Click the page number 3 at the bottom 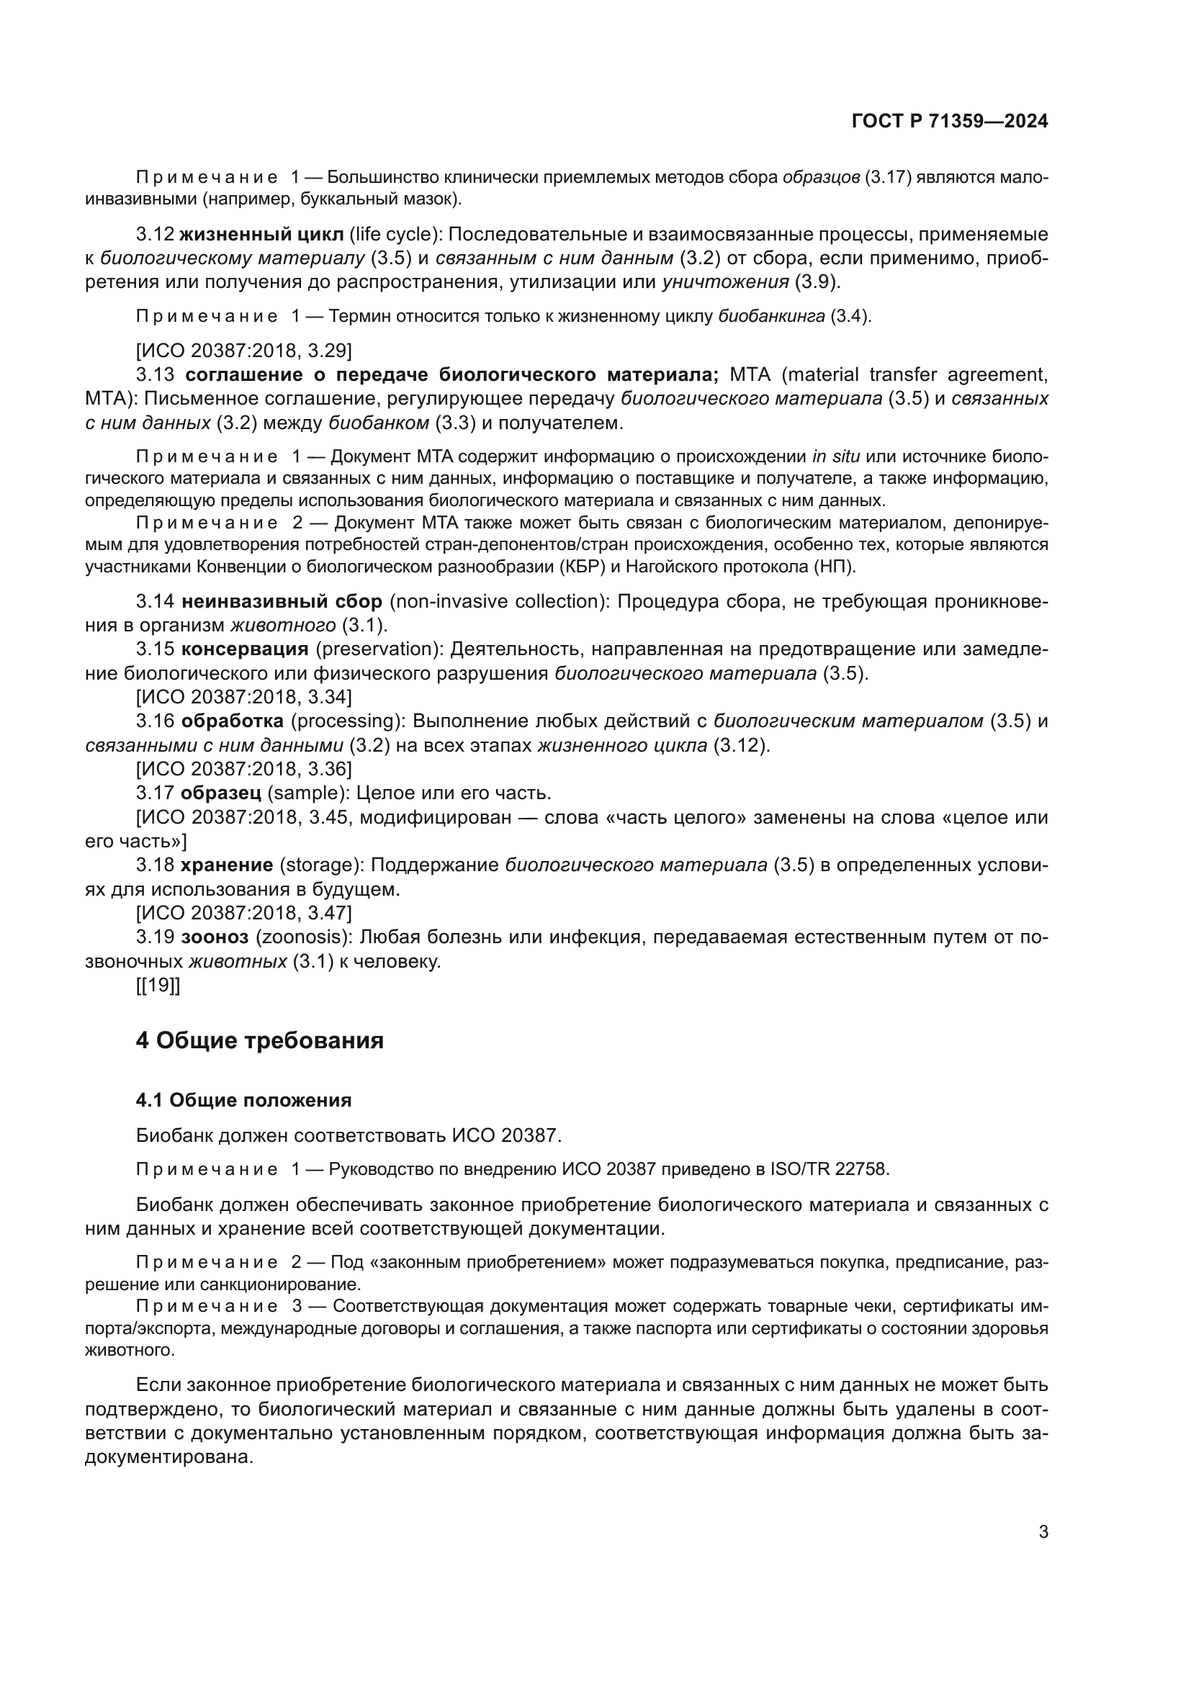pos(1043,1531)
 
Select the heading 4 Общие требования pos(260,1040)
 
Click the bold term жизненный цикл pos(261,235)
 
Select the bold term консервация pos(245,649)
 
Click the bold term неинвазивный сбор pos(282,601)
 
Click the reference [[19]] pos(158,986)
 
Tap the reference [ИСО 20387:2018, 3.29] pos(243,351)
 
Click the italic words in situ pos(835,457)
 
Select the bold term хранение pos(227,865)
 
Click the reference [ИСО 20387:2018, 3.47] pos(243,913)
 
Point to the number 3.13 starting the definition pos(155,375)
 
